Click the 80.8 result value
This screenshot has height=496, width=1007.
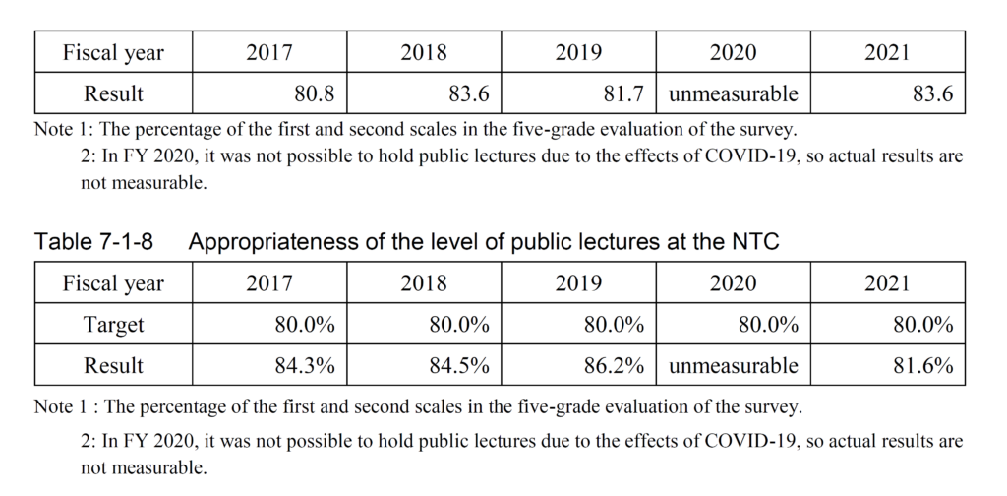point(315,94)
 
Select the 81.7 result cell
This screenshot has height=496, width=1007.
point(623,94)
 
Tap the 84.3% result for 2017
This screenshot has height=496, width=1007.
point(305,366)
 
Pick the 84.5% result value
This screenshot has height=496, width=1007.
point(459,366)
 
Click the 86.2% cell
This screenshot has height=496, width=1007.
point(614,366)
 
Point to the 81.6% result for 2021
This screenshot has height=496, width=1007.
point(922,366)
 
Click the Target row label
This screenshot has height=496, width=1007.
point(113,325)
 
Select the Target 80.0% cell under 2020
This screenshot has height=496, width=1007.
point(768,325)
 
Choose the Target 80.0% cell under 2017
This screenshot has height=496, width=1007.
point(305,325)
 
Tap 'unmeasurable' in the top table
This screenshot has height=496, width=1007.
point(734,94)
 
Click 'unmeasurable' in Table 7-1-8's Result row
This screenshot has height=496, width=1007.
point(734,366)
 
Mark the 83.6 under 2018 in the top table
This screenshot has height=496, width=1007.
point(469,94)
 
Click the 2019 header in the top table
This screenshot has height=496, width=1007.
point(578,52)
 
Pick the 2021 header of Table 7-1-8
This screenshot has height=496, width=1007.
point(887,283)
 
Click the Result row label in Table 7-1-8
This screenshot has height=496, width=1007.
point(113,366)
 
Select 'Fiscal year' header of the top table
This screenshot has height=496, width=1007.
point(113,52)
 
